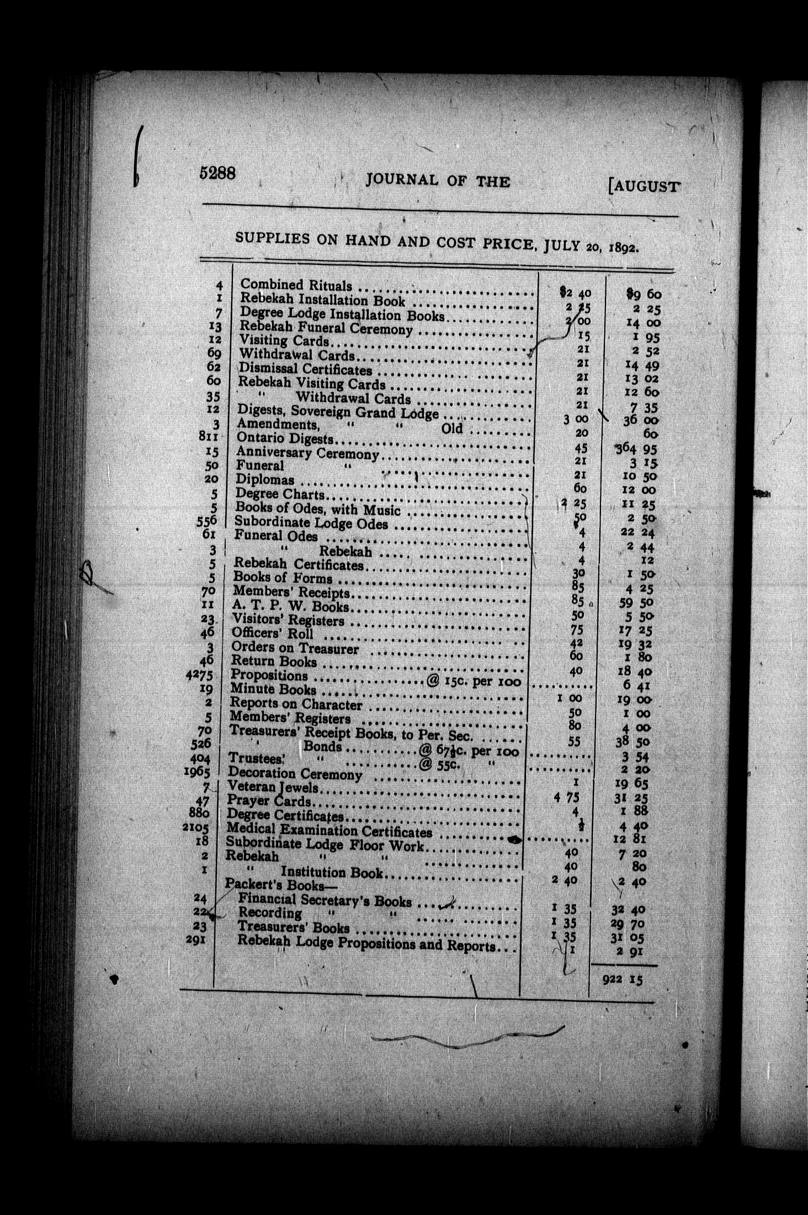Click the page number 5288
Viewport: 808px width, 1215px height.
[218, 173]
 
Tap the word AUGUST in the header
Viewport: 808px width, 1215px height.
[644, 186]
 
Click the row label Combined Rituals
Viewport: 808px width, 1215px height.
[296, 285]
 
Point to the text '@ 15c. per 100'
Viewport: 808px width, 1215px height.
[474, 681]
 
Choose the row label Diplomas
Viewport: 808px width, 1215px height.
[265, 479]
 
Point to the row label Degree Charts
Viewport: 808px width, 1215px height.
[280, 494]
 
